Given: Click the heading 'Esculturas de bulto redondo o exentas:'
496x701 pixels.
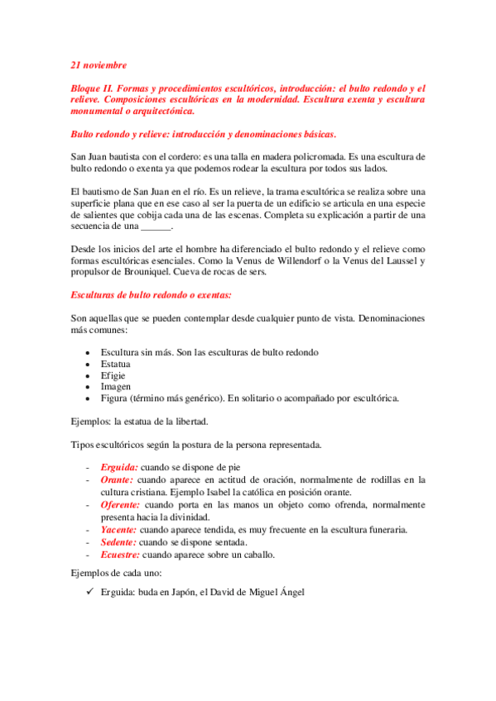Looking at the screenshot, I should pos(150,294).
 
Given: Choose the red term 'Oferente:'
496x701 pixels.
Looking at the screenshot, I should pos(120,504).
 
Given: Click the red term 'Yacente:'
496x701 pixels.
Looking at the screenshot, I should pos(119,529).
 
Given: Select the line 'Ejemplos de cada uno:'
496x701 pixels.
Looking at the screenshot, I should pos(118,572).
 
